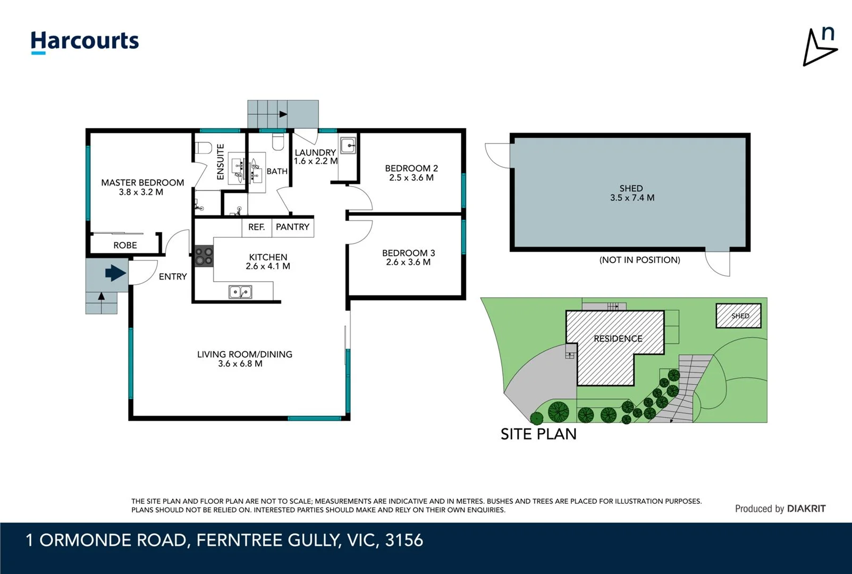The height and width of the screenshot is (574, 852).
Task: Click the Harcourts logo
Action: (85, 41)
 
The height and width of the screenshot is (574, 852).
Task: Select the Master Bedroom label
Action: (142, 182)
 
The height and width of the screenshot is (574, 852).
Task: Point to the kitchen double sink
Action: (240, 292)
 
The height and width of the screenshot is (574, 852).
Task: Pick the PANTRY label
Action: (292, 227)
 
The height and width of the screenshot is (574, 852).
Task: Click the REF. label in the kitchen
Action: (256, 227)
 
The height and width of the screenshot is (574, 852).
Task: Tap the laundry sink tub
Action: (348, 145)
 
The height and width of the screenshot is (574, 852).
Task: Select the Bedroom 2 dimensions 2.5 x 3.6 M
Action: (411, 178)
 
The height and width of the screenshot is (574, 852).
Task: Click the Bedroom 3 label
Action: (408, 253)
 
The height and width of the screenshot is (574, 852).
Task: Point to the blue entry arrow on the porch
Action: (115, 273)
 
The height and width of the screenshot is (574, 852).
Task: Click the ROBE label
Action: (125, 245)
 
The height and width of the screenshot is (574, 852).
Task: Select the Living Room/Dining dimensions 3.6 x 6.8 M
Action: (240, 364)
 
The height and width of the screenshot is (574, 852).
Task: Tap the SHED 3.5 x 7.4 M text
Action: (631, 193)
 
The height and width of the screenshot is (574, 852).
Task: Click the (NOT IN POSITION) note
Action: (639, 260)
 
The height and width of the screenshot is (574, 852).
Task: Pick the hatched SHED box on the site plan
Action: (738, 316)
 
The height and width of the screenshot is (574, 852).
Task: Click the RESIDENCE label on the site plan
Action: (618, 339)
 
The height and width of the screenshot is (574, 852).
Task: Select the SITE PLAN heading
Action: (538, 434)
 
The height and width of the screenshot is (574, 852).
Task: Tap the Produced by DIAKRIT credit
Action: (780, 509)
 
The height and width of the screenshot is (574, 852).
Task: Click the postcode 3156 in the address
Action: (404, 540)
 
